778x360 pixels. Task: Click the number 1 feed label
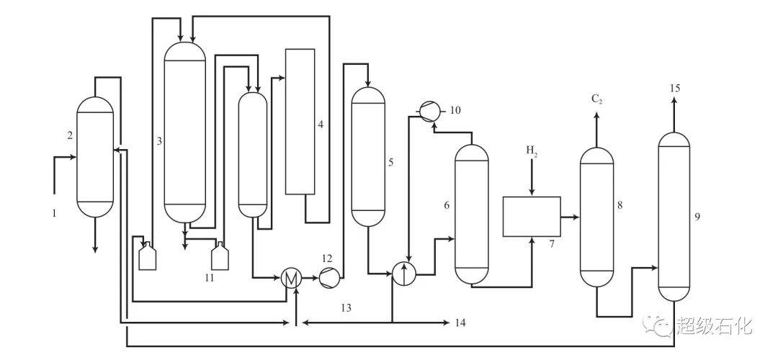click(54, 214)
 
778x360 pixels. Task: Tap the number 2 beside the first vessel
click(70, 134)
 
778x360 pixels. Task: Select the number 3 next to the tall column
click(159, 141)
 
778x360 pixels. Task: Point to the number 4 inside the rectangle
click(321, 125)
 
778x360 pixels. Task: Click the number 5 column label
click(391, 162)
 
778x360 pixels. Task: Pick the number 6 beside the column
click(447, 204)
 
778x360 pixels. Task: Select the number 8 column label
click(620, 204)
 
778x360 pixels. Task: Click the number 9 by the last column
click(697, 217)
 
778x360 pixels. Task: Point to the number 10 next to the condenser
click(455, 110)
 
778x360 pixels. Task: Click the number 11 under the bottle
click(209, 278)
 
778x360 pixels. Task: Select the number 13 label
click(346, 308)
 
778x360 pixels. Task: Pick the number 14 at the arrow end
click(460, 323)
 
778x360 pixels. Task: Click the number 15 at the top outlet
click(674, 89)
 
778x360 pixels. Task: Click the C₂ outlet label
click(597, 99)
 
